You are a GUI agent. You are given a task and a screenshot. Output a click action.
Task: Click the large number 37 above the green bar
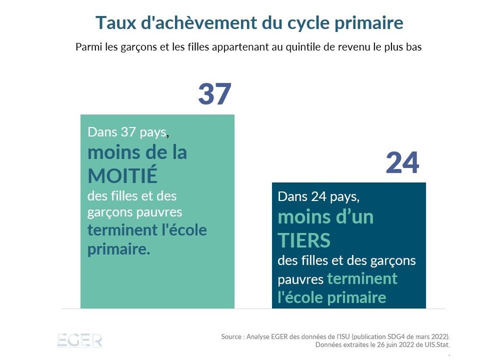click(214, 94)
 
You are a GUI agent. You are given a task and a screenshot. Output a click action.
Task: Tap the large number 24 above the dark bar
click(403, 163)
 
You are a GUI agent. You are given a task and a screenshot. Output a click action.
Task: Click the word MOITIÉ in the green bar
click(123, 175)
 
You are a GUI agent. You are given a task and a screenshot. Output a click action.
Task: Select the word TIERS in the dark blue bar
click(304, 241)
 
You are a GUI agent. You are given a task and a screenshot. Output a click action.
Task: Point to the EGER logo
click(79, 340)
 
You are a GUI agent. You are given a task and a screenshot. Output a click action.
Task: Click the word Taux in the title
click(113, 23)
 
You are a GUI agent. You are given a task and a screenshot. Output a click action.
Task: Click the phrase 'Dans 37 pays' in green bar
click(127, 132)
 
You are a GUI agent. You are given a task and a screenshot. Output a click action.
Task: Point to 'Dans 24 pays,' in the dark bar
click(318, 196)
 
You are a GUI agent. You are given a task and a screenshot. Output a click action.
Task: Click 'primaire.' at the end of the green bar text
click(118, 250)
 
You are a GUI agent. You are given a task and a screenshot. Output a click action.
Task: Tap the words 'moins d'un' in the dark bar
click(325, 218)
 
